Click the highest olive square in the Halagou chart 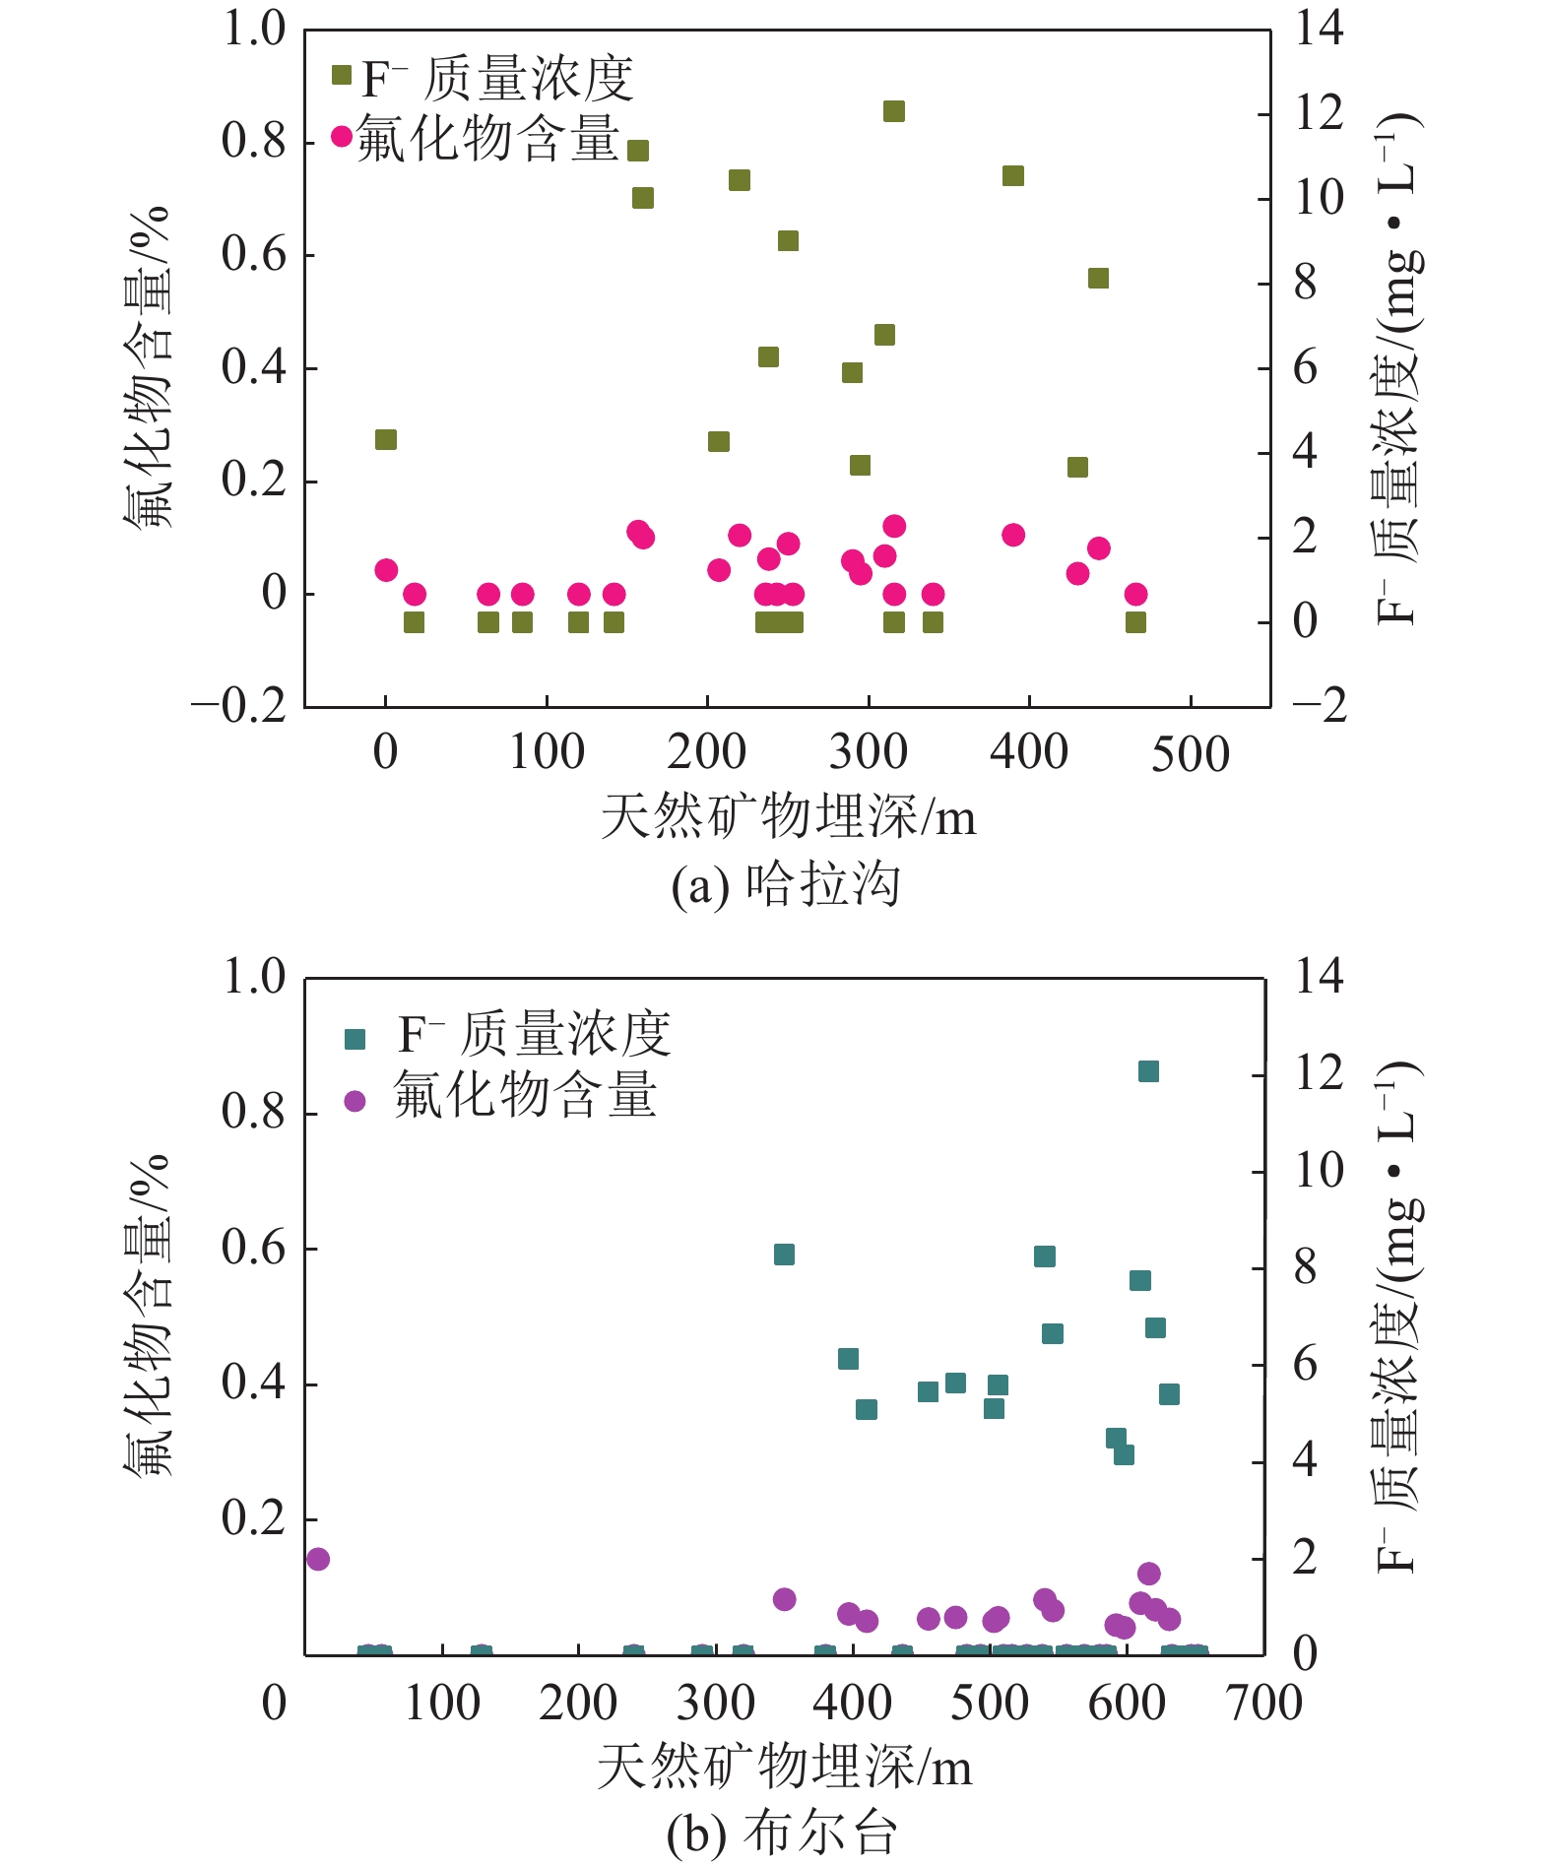pyautogui.click(x=893, y=111)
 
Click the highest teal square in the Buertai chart pyautogui.click(x=1148, y=1071)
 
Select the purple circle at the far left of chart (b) pyautogui.click(x=317, y=1559)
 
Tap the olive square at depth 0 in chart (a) pyautogui.click(x=386, y=439)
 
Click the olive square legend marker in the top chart pyautogui.click(x=342, y=76)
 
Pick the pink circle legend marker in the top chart pyautogui.click(x=342, y=136)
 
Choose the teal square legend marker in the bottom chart pyautogui.click(x=355, y=1039)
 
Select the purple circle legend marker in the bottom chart pyautogui.click(x=355, y=1101)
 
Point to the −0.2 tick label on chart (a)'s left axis pyautogui.click(x=238, y=705)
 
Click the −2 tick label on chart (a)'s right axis pyautogui.click(x=1319, y=705)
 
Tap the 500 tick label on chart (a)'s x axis pyautogui.click(x=1190, y=753)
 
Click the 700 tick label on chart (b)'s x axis pyautogui.click(x=1264, y=1703)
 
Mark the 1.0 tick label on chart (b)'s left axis pyautogui.click(x=253, y=977)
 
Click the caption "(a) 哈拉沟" pyautogui.click(x=785, y=884)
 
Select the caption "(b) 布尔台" pyautogui.click(x=782, y=1834)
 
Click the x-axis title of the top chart pyautogui.click(x=788, y=817)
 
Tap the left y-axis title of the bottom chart pyautogui.click(x=148, y=1316)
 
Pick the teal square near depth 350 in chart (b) pyautogui.click(x=784, y=1254)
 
